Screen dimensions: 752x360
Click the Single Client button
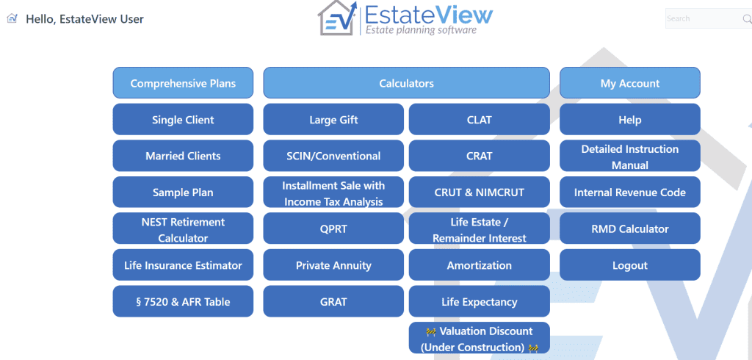pyautogui.click(x=183, y=120)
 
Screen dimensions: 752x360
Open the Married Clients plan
pyautogui.click(x=183, y=156)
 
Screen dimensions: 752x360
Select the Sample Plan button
pyautogui.click(x=183, y=192)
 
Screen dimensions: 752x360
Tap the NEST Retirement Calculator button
pyautogui.click(x=183, y=229)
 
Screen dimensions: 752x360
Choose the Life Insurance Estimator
pyautogui.click(x=183, y=265)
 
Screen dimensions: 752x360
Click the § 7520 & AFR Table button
pyautogui.click(x=183, y=302)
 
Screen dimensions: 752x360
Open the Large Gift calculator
pyautogui.click(x=333, y=120)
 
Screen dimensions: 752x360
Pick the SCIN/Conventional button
pyautogui.click(x=333, y=156)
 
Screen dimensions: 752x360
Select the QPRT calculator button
pyautogui.click(x=333, y=229)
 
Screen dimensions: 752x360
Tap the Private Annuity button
pyautogui.click(x=333, y=265)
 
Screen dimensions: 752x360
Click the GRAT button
pyautogui.click(x=333, y=302)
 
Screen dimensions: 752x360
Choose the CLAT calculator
pyautogui.click(x=479, y=120)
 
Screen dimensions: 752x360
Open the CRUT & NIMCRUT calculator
pyautogui.click(x=479, y=192)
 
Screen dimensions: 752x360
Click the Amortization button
pyautogui.click(x=479, y=265)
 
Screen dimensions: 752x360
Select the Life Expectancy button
pyautogui.click(x=479, y=302)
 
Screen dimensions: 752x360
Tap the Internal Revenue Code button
pyautogui.click(x=629, y=192)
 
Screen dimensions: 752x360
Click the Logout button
pyautogui.click(x=629, y=265)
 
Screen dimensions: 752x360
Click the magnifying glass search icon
pyautogui.click(x=747, y=18)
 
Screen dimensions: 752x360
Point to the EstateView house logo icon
pyautogui.click(x=338, y=18)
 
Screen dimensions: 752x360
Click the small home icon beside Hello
pyautogui.click(x=12, y=18)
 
